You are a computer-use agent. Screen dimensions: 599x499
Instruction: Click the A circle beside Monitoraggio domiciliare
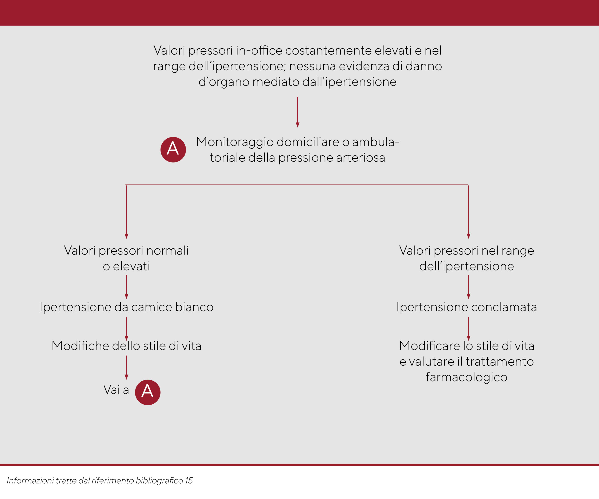173,150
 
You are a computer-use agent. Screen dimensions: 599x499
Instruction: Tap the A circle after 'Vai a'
147,392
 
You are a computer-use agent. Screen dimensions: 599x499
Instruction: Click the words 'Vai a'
116,390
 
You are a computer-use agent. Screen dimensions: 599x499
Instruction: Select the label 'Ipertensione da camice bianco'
126,307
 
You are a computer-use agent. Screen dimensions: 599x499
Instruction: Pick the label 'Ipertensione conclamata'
467,307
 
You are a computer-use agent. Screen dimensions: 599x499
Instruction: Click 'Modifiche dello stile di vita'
126,346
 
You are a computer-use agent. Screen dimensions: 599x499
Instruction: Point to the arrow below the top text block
297,112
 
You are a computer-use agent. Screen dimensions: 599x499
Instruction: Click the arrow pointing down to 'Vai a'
126,367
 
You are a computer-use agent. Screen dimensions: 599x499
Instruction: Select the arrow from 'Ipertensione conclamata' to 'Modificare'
468,329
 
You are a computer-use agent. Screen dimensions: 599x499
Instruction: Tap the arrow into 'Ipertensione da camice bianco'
126,287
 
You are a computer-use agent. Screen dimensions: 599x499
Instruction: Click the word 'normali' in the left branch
168,251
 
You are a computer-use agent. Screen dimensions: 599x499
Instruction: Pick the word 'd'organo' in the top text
224,82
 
